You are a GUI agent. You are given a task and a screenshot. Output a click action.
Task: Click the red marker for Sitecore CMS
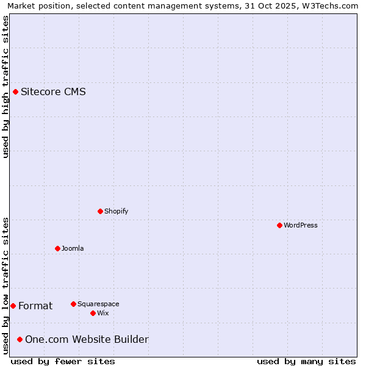click(x=15, y=92)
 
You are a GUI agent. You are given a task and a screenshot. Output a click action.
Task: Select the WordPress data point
click(x=279, y=225)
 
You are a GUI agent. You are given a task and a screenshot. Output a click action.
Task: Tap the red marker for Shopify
click(x=100, y=211)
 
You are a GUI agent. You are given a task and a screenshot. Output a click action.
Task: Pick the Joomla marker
click(x=57, y=248)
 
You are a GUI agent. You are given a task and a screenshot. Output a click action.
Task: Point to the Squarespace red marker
click(x=73, y=304)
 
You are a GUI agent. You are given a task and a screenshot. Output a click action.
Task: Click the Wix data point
click(x=93, y=313)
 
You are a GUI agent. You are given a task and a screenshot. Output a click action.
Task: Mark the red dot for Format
click(x=13, y=306)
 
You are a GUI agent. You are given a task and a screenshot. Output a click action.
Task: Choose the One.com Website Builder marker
click(x=20, y=339)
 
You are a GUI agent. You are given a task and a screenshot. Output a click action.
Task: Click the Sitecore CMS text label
click(x=53, y=92)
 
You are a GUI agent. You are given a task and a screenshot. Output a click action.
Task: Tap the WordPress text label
click(x=300, y=225)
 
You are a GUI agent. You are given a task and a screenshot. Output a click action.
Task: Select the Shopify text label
click(x=116, y=211)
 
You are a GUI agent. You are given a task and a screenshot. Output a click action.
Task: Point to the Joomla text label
click(x=73, y=248)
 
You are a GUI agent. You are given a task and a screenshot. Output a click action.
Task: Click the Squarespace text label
click(x=98, y=304)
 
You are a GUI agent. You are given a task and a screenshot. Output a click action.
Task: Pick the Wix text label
click(x=102, y=313)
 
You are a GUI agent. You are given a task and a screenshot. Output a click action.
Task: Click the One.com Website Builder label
click(x=87, y=339)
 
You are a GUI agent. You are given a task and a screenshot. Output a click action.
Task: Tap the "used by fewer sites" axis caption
click(x=63, y=361)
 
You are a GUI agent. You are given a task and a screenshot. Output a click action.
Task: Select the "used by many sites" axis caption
click(x=306, y=361)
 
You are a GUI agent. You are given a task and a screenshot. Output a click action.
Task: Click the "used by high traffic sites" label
click(x=5, y=87)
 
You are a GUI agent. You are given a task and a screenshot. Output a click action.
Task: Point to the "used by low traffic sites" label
click(x=5, y=285)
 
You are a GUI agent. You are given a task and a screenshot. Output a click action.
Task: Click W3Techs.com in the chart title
click(x=328, y=5)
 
